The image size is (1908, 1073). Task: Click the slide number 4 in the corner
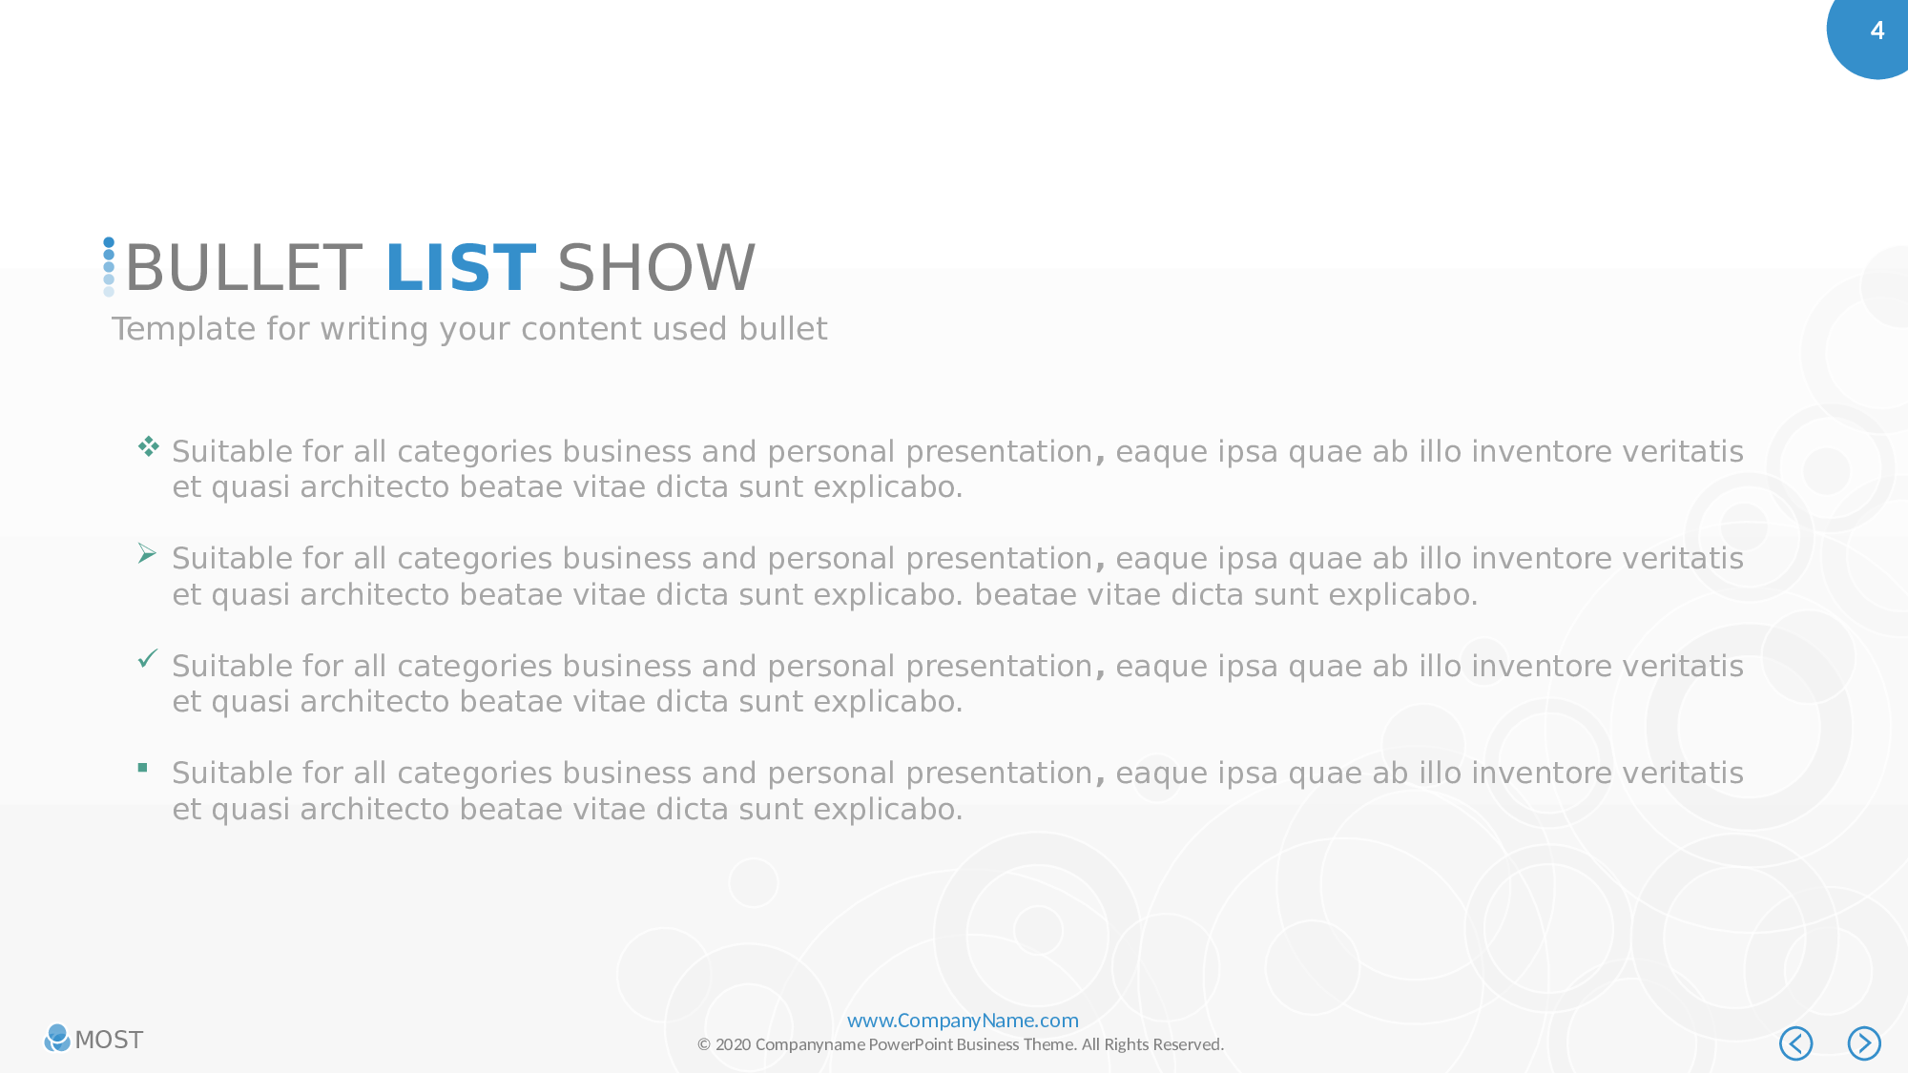pos(1877,31)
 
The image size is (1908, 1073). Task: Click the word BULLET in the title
pos(243,268)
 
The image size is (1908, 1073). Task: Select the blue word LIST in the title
pos(461,268)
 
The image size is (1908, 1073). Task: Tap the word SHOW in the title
pos(656,268)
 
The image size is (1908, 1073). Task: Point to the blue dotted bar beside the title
pos(109,267)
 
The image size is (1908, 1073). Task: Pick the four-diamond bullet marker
pos(148,445)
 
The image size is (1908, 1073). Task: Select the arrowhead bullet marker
pos(147,553)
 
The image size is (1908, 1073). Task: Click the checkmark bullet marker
pos(148,658)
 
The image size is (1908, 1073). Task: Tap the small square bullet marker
pos(142,767)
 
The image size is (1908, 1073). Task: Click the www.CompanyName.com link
pos(963,1021)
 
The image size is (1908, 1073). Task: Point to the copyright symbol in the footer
pos(704,1044)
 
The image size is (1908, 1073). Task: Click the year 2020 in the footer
pos(733,1044)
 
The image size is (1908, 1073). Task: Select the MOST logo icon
pos(57,1038)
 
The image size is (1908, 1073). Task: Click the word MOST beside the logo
pos(109,1040)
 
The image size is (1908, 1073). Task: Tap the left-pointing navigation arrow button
pos(1795,1043)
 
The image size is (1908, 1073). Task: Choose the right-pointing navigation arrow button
pos(1864,1043)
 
